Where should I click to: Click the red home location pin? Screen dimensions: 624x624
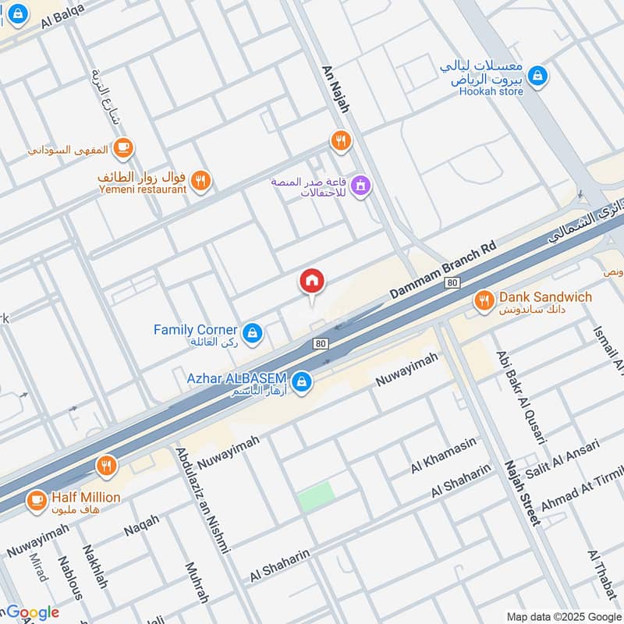pos(312,282)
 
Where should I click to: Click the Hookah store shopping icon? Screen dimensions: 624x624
pos(537,76)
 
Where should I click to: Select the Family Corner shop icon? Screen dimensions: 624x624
pos(251,334)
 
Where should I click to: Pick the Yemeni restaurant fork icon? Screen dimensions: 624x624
pos(201,181)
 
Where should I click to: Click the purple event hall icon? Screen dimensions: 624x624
pos(360,186)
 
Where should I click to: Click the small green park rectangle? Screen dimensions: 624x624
pos(316,496)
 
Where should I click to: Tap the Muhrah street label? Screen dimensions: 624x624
pos(197,582)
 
